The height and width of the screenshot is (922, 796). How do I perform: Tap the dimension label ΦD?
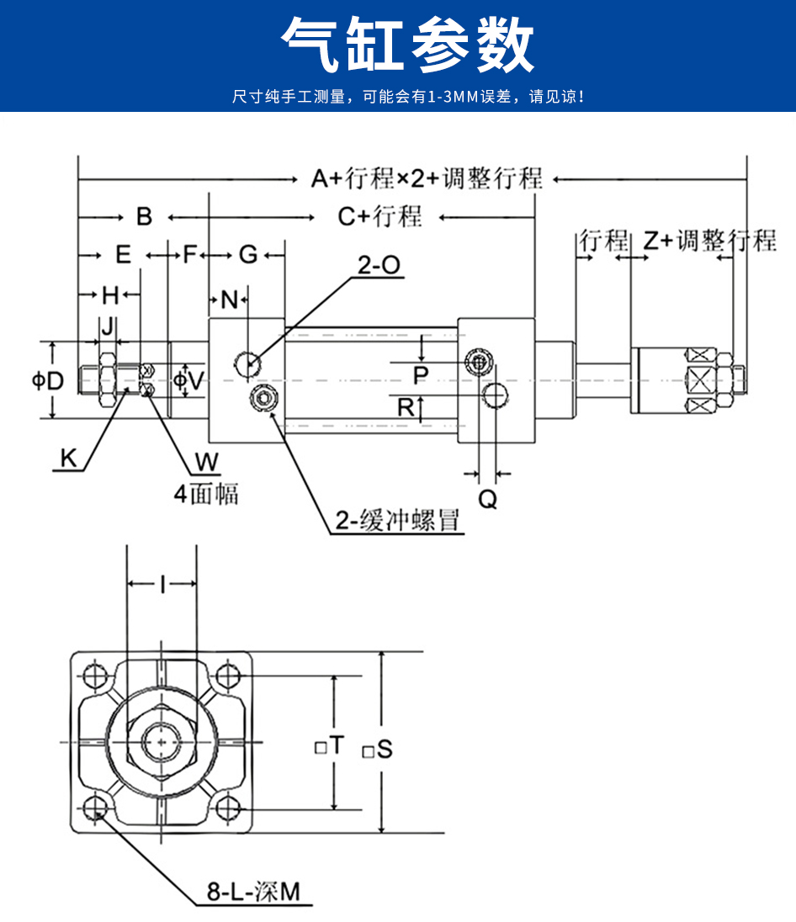(x=48, y=380)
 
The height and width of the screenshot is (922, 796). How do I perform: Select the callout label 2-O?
(x=379, y=266)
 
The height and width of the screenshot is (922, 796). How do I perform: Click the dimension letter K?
(x=68, y=458)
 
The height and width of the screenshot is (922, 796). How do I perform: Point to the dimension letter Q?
(x=488, y=499)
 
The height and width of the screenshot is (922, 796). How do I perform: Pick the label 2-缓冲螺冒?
(x=396, y=522)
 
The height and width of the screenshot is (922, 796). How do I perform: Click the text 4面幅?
(x=206, y=493)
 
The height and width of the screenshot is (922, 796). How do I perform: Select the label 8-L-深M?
(x=253, y=892)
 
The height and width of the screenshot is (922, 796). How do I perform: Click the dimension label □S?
(x=378, y=748)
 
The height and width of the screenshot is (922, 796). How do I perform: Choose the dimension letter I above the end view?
(x=162, y=583)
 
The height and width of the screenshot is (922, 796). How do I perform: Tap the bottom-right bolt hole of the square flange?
(x=228, y=808)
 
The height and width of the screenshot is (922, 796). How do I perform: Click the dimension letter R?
(x=406, y=407)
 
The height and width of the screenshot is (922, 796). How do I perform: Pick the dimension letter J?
(x=107, y=326)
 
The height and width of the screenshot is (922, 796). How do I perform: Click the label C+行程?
(x=379, y=216)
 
